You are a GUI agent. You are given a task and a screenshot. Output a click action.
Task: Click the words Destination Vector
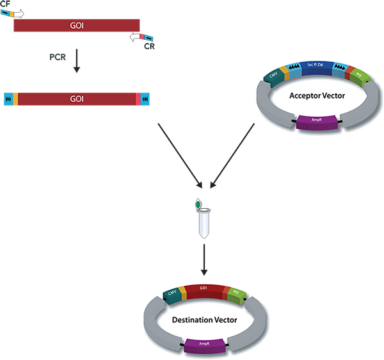[204, 318]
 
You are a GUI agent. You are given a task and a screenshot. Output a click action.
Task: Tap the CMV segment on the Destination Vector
[172, 293]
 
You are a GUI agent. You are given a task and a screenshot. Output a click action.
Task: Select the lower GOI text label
[77, 99]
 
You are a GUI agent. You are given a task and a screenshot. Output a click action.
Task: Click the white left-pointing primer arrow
[137, 38]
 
